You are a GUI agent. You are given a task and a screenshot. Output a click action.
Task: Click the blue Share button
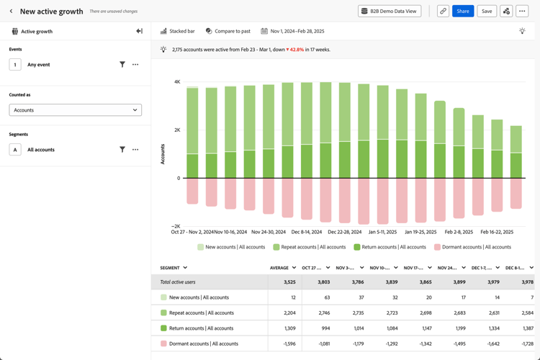pyautogui.click(x=463, y=12)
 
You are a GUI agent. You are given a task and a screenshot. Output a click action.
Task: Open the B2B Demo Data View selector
pyautogui.click(x=390, y=12)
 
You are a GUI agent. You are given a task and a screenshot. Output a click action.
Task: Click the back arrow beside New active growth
pyautogui.click(x=11, y=12)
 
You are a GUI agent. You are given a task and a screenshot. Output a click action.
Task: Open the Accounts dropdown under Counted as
pyautogui.click(x=75, y=110)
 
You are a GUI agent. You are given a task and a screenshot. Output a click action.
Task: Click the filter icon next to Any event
pyautogui.click(x=122, y=65)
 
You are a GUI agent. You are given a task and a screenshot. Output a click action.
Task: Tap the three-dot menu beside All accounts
pyautogui.click(x=135, y=150)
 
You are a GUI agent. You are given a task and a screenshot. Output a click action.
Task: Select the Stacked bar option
pyautogui.click(x=178, y=31)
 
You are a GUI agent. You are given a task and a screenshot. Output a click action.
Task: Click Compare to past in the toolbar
pyautogui.click(x=228, y=31)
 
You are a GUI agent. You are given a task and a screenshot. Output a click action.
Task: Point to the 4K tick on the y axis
pyautogui.click(x=177, y=82)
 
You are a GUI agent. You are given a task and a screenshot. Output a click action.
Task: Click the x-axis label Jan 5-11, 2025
pyautogui.click(x=382, y=233)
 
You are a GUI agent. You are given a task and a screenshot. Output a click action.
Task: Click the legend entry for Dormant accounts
pyautogui.click(x=473, y=247)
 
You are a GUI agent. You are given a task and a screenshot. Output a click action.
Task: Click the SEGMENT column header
pyautogui.click(x=173, y=268)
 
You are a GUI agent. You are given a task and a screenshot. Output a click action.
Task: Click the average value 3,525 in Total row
pyautogui.click(x=289, y=282)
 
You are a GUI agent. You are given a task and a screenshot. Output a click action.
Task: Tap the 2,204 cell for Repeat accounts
pyautogui.click(x=288, y=313)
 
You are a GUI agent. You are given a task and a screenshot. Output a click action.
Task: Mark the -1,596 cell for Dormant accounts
pyautogui.click(x=287, y=343)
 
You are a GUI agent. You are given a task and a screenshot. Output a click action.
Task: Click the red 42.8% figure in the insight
pyautogui.click(x=295, y=50)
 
